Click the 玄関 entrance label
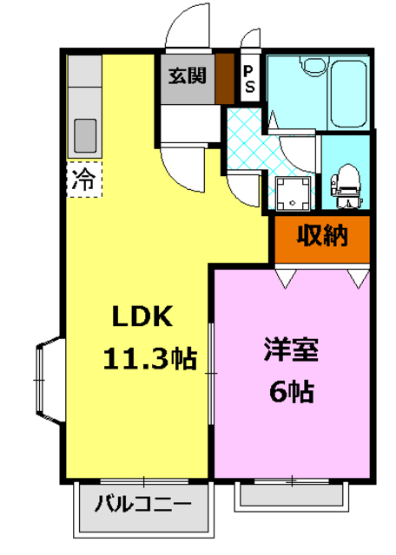pos(187,75)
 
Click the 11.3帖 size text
pos(149,357)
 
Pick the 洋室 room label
pos(291,351)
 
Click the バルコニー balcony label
pos(142,502)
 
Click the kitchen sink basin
pos(86,134)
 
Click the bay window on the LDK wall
pos(47,378)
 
